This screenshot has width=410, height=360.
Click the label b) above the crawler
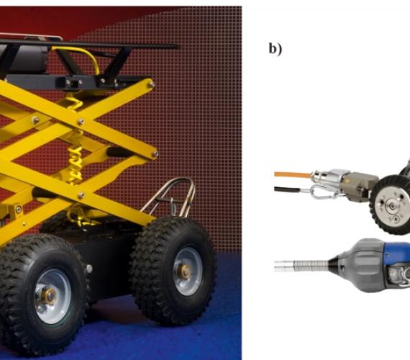(275, 49)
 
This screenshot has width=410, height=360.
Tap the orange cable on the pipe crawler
(293, 175)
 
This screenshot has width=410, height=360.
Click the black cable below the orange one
(287, 189)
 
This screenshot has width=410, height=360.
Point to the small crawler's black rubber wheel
(390, 204)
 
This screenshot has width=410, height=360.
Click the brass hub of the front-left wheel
(49, 296)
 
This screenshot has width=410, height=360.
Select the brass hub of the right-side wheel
(185, 271)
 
